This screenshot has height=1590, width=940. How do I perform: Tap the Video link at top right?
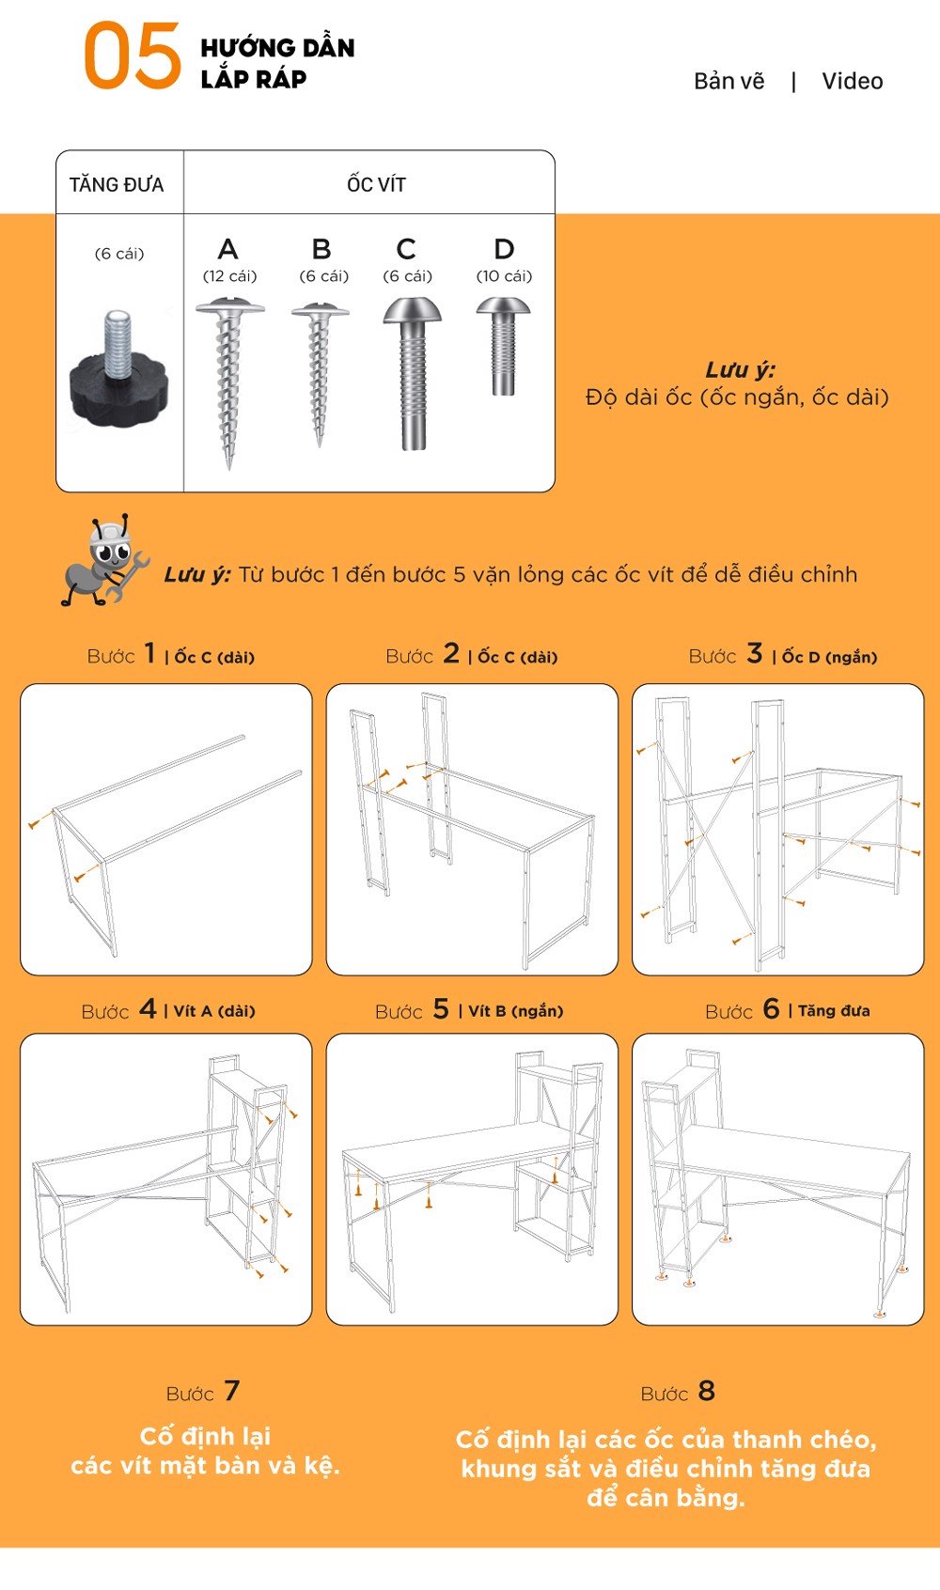click(x=852, y=82)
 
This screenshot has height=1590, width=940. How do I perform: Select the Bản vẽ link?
click(x=728, y=82)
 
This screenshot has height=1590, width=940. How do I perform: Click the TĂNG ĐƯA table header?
click(x=117, y=184)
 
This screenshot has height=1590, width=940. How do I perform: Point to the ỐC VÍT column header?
click(x=376, y=184)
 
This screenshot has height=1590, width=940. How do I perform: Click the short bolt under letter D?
click(x=504, y=345)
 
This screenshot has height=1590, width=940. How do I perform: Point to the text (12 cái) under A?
click(x=229, y=276)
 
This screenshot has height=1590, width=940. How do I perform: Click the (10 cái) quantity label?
click(x=504, y=276)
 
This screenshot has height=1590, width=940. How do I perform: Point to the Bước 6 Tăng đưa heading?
click(x=788, y=1010)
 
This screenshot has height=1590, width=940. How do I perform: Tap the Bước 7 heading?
click(x=203, y=1392)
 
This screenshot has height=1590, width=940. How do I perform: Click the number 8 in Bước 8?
click(x=706, y=1391)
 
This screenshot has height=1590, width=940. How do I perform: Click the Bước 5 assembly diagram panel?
click(x=472, y=1179)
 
